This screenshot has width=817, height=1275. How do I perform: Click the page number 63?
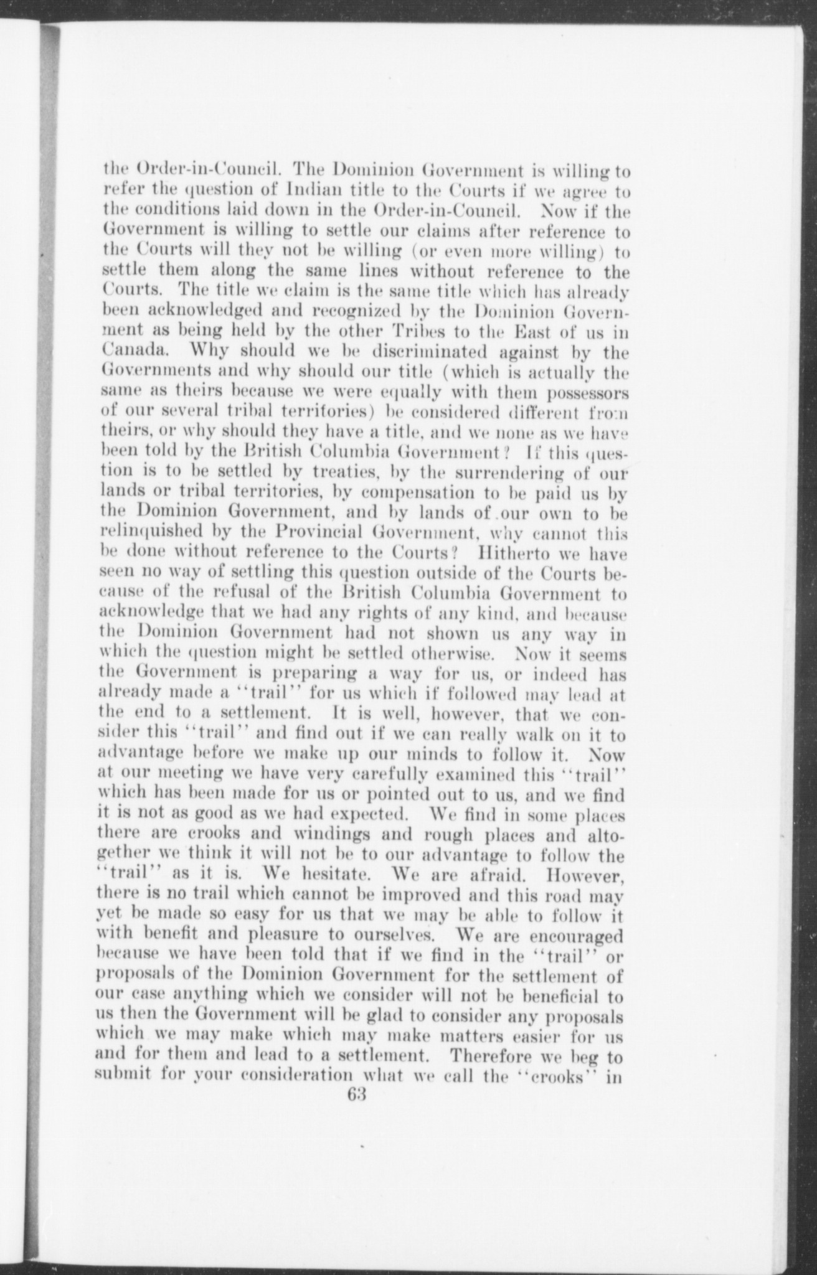(x=359, y=1095)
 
